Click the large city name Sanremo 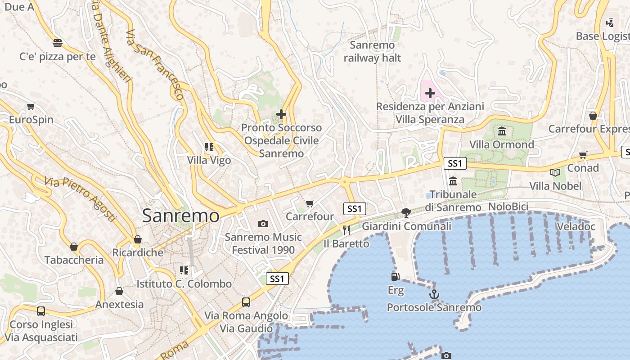(181, 216)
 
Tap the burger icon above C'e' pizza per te (58, 43)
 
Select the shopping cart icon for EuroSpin (31, 107)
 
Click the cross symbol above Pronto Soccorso (281, 114)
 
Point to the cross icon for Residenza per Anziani (430, 93)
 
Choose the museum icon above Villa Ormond (502, 131)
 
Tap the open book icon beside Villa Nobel (555, 172)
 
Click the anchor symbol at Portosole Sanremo (434, 295)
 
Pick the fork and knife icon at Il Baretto (346, 230)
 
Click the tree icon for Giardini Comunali (406, 212)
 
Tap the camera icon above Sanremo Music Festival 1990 (263, 224)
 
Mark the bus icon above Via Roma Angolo (246, 302)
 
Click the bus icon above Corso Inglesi (41, 311)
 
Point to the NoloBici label (508, 207)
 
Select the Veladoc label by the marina (576, 226)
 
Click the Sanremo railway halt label (372, 51)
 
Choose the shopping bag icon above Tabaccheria (74, 247)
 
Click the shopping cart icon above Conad (583, 155)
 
